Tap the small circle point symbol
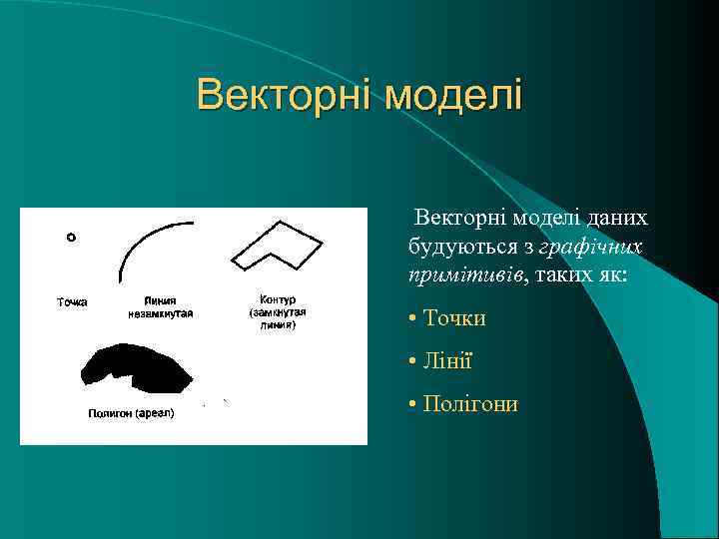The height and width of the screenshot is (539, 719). [71, 238]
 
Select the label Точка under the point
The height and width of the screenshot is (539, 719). [71, 301]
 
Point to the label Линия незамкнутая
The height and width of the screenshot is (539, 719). [161, 306]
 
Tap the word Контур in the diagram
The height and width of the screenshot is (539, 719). [277, 299]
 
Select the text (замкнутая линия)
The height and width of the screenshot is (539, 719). [277, 317]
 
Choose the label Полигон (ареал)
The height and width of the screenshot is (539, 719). [131, 413]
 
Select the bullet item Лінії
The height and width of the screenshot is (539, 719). [447, 360]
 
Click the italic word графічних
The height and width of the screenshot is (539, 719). [590, 246]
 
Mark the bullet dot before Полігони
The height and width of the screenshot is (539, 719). [412, 403]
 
